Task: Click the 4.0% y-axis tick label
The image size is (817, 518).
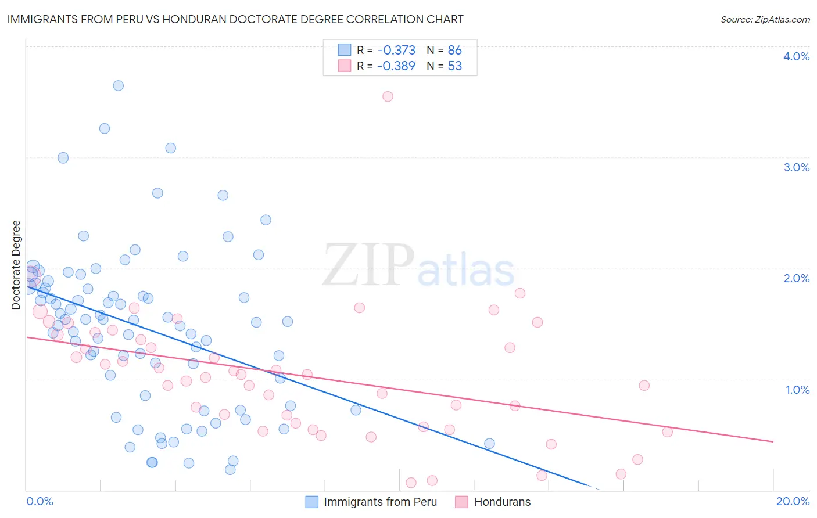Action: point(796,56)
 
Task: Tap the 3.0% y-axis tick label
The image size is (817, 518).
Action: point(796,167)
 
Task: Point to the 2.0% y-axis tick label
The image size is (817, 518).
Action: point(796,278)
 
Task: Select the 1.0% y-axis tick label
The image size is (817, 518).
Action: point(797,390)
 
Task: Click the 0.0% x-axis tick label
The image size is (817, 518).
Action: point(40,501)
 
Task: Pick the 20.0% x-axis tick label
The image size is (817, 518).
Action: point(793,501)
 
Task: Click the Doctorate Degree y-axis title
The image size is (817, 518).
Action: point(16,265)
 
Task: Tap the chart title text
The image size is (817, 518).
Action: point(235,19)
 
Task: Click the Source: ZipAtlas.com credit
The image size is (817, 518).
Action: point(765,19)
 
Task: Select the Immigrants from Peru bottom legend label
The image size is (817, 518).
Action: point(380,502)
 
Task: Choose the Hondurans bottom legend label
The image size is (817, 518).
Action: point(502,502)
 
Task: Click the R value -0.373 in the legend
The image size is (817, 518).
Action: point(396,51)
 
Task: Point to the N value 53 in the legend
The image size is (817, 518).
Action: point(454,66)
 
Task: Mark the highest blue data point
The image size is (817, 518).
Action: point(118,85)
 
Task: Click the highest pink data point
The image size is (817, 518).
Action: point(388,96)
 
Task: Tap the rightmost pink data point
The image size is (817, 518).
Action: point(667,431)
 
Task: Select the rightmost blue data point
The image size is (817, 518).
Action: point(489,444)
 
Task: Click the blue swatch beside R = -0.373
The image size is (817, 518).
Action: point(345,50)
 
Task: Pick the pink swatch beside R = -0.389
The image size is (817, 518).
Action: point(345,66)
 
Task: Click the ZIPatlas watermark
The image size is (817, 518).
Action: point(418,265)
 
